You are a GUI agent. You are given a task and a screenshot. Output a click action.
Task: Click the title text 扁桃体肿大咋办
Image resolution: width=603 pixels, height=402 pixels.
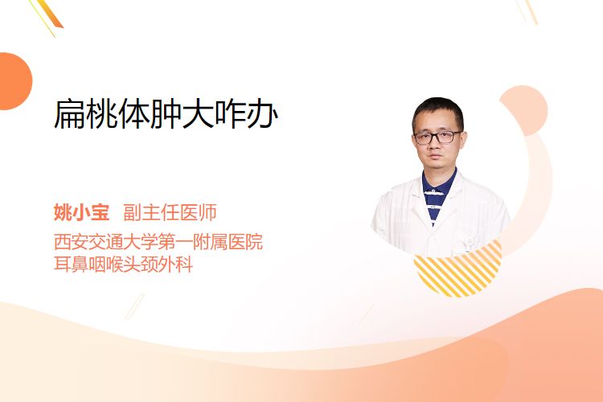[166, 114]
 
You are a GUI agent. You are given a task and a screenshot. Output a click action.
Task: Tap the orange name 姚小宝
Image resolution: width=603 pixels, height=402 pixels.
[81, 212]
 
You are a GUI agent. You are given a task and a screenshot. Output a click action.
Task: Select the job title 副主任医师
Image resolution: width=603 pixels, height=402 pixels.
[170, 212]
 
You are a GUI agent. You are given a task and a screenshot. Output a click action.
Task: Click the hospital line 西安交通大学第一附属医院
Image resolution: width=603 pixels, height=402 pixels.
[158, 241]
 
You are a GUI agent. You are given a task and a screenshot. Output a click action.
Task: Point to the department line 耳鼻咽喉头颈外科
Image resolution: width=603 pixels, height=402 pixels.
[124, 265]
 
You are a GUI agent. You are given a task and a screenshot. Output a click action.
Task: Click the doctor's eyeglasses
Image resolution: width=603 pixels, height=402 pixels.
[437, 137]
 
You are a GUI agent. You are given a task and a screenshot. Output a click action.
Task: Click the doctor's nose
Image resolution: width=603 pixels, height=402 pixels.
[435, 146]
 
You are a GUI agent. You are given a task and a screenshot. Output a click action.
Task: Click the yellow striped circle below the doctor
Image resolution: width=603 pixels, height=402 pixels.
[457, 269]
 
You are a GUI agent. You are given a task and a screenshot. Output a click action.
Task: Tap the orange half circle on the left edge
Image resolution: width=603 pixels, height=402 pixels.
[14, 81]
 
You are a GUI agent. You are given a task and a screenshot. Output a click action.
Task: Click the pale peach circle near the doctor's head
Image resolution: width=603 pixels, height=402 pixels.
[523, 110]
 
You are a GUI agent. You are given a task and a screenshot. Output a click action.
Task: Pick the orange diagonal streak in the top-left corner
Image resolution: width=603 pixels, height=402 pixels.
[51, 14]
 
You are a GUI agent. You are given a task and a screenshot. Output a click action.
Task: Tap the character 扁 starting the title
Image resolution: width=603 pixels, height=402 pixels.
[69, 114]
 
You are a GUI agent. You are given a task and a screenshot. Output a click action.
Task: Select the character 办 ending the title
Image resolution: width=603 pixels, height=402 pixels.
[262, 114]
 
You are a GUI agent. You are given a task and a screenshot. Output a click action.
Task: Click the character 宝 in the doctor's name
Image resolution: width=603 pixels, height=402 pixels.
[100, 212]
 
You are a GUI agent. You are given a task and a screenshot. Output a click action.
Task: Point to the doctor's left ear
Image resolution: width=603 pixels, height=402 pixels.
[462, 140]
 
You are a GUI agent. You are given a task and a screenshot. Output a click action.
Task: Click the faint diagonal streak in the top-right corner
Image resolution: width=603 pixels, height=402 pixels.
[527, 10]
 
